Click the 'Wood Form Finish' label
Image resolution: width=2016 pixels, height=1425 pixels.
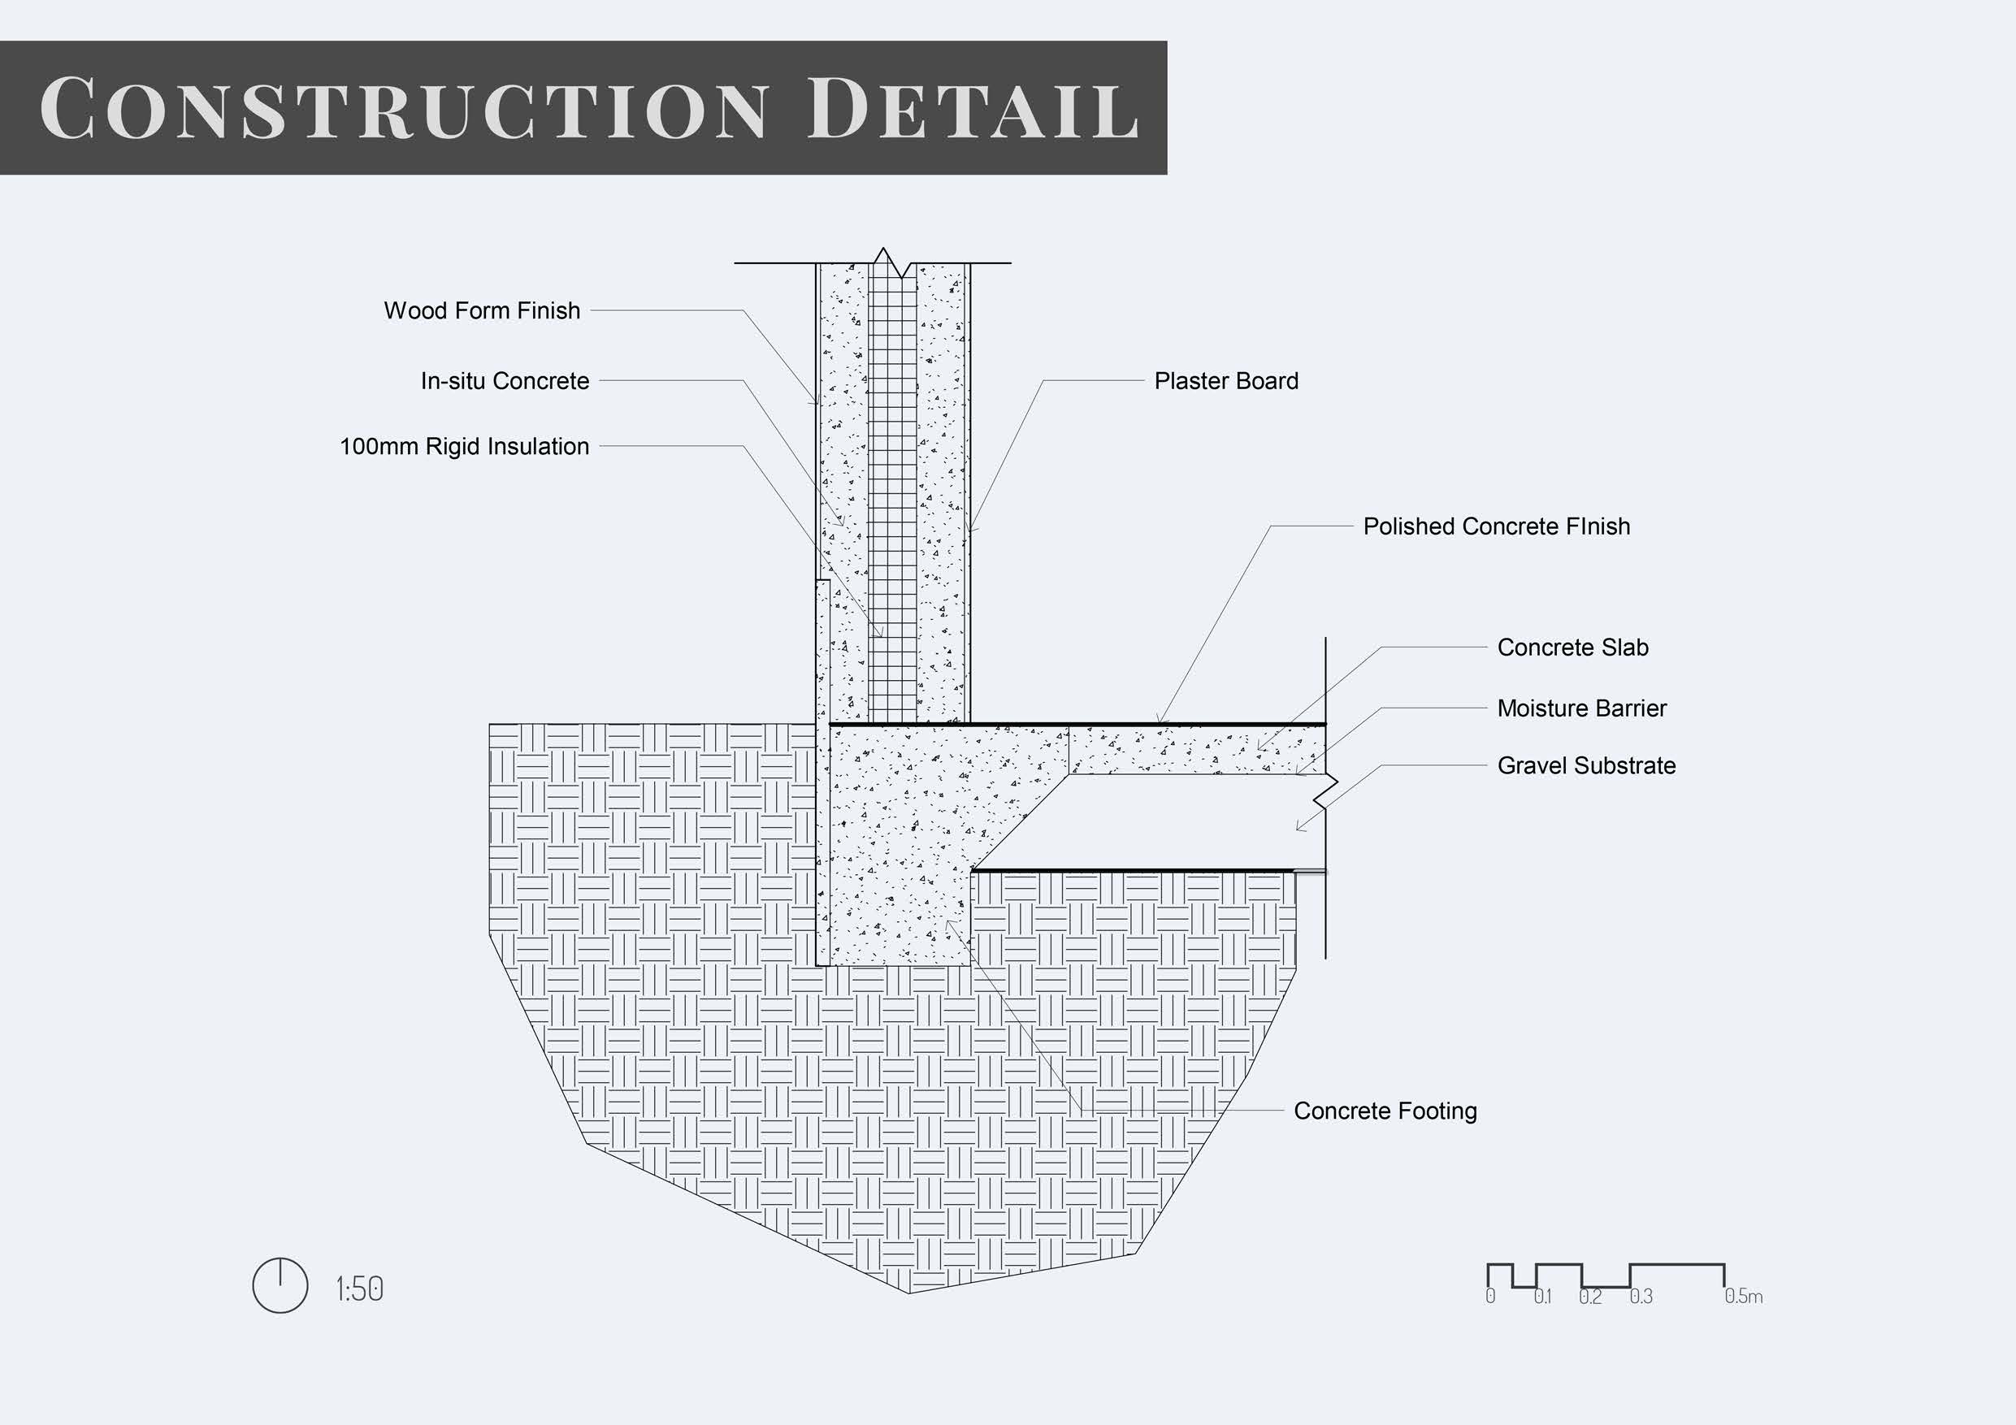[482, 311]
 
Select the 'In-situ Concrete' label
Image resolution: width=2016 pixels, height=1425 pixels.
[505, 381]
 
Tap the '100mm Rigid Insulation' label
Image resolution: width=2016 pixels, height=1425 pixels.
[465, 447]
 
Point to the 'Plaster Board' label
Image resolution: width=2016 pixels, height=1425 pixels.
[1225, 381]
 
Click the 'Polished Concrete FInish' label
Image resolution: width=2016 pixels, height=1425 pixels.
[1496, 526]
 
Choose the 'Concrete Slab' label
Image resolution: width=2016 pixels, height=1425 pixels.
[1572, 648]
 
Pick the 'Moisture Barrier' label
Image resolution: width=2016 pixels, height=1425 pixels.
[1581, 708]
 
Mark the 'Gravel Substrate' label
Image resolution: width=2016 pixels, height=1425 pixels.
[1586, 765]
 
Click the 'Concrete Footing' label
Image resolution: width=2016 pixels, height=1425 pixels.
[1385, 1111]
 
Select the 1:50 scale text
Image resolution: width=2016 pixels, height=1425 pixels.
[359, 1290]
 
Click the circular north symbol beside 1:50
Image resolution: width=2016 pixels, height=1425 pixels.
[280, 1285]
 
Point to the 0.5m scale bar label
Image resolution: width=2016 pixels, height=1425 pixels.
[1743, 1297]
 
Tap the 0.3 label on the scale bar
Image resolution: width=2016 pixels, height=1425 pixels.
[1641, 1297]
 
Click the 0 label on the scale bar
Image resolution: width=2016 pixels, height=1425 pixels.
[1490, 1297]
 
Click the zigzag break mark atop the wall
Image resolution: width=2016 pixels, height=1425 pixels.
[891, 262]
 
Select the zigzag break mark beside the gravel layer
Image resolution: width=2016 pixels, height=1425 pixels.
[1326, 790]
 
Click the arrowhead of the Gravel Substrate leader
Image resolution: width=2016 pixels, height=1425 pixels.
[1298, 828]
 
